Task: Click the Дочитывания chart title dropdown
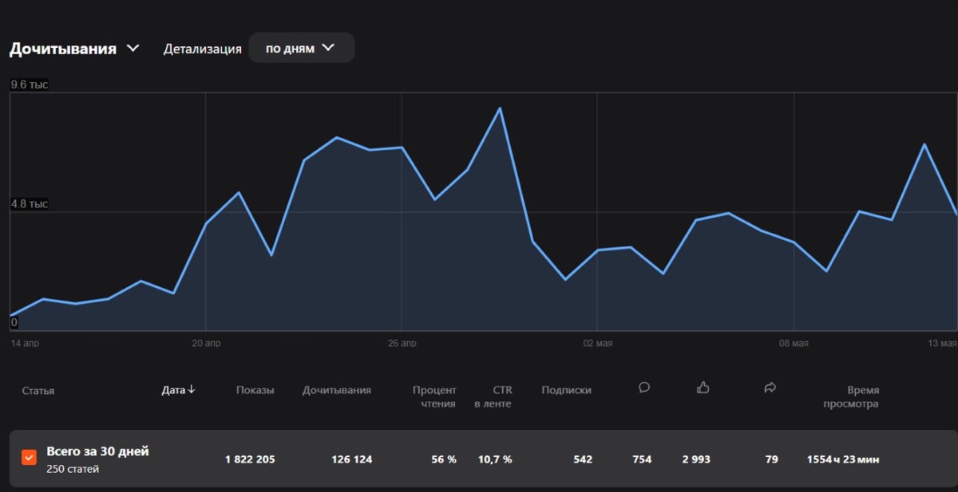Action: coord(74,49)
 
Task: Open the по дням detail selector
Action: coord(302,48)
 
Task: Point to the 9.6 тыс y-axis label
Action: coord(29,85)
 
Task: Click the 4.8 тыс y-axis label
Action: coord(29,203)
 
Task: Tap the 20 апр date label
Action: coord(206,343)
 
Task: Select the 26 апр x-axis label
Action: coord(402,343)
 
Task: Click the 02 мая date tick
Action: coord(598,343)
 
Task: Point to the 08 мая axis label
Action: coord(794,343)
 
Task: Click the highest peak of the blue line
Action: coord(500,108)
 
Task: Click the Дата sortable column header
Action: coord(178,390)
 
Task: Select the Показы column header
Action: coord(255,390)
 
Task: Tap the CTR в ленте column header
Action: coord(493,397)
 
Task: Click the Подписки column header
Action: coord(566,390)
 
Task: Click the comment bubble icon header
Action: coord(644,388)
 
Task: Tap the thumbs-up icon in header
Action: coord(703,388)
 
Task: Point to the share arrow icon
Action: coord(770,388)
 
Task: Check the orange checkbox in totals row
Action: coord(29,458)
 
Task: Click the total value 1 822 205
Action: coord(250,459)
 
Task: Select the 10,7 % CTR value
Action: coord(495,459)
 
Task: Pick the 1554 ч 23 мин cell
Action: coord(843,459)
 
